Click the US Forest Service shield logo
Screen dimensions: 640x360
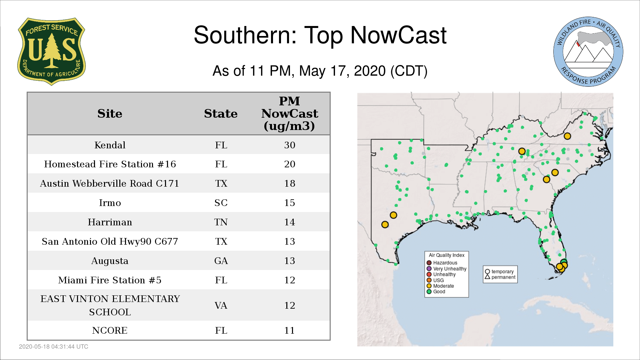[x=51, y=51]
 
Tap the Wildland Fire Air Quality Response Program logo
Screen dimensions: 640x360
[x=588, y=52]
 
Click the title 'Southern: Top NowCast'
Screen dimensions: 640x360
[x=320, y=35]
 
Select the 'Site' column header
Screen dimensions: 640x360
[x=110, y=114]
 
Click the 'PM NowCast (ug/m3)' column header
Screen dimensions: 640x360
[x=289, y=113]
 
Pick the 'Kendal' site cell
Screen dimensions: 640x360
[x=110, y=145]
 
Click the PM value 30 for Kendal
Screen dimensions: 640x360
[x=290, y=145]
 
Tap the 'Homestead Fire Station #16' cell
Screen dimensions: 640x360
[x=110, y=164]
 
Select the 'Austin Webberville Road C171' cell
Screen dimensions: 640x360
[x=110, y=183]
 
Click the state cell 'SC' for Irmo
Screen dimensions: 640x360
[x=221, y=203]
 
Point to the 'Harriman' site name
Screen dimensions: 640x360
[x=110, y=222]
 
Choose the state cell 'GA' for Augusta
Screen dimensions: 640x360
[x=221, y=261]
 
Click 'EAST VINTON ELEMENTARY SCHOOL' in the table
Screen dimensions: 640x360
[x=110, y=305]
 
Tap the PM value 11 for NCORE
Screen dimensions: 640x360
[x=289, y=330]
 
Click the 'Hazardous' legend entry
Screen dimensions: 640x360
[x=442, y=263]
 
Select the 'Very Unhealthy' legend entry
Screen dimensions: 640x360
[x=447, y=269]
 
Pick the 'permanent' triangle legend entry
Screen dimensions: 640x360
[x=500, y=277]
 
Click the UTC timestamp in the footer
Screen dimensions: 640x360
[x=54, y=347]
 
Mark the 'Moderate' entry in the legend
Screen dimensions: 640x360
[x=440, y=286]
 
